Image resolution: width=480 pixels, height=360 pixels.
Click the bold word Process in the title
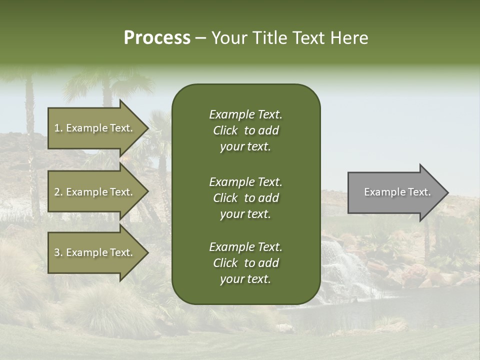point(157,38)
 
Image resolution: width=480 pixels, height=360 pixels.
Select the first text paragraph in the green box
point(245,130)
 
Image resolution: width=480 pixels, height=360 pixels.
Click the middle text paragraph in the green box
point(245,198)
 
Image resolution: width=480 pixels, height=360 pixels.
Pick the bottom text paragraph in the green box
point(245,263)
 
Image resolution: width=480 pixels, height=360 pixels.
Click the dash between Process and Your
point(200,38)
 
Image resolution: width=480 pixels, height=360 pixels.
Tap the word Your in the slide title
point(228,38)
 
